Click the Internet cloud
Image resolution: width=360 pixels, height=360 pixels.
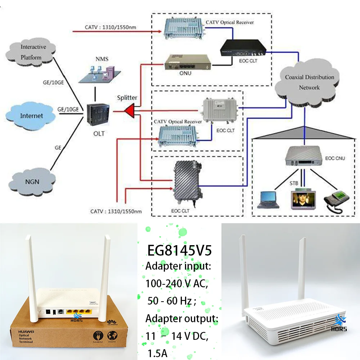click(x=31, y=116)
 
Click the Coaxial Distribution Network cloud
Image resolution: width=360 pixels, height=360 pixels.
click(x=309, y=82)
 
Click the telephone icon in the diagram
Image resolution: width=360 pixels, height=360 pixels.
click(x=337, y=198)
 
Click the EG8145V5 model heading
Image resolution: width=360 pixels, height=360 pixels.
click(x=180, y=251)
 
